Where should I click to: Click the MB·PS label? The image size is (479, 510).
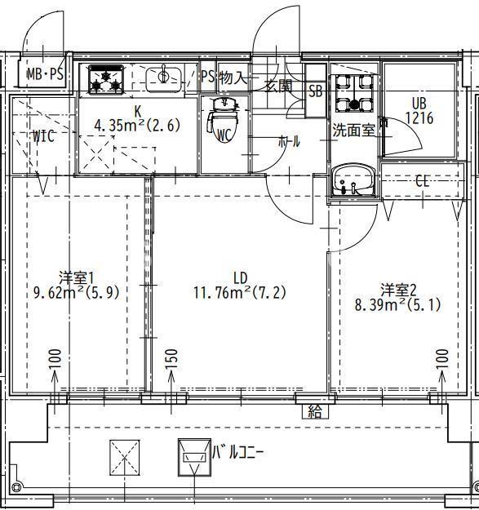46,74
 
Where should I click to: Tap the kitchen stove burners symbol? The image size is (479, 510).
105,78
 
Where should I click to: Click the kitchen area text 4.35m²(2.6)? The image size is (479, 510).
137,126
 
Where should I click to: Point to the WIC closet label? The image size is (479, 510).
43,136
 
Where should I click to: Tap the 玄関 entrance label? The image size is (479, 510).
277,85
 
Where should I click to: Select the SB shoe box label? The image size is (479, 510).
316,91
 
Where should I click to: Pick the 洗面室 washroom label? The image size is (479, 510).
353,129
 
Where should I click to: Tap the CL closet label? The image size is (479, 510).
422,181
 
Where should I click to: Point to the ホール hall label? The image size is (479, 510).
289,141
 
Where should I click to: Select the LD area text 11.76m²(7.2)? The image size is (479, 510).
239,292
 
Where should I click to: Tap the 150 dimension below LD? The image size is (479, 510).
171,359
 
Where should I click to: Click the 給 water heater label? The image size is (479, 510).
314,410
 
